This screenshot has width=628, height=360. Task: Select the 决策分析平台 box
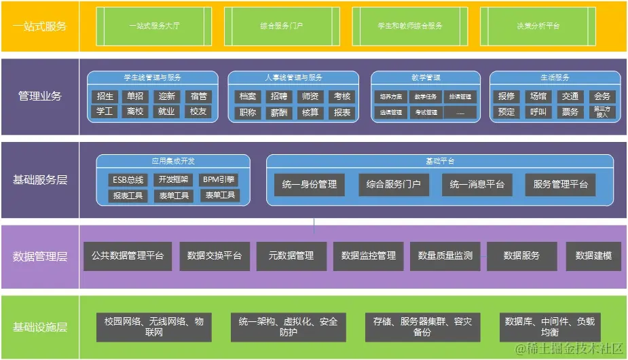coord(538,25)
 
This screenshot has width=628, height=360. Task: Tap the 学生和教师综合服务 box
coord(410,25)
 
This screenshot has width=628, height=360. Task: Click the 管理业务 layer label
coord(39,96)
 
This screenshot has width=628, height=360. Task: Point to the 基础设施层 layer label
coord(39,327)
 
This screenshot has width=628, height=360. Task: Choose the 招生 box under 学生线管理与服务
coord(105,96)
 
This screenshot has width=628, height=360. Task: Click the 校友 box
coord(198,111)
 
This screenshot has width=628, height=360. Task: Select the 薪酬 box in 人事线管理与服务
coord(278,112)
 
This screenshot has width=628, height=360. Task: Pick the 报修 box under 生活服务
coord(506,96)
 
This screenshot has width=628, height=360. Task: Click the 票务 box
coord(570,112)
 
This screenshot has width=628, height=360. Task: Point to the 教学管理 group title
coord(426,77)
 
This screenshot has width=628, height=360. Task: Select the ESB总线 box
coord(128,179)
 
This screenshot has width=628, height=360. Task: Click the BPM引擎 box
coord(219,179)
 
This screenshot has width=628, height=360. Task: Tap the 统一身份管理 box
coord(310,184)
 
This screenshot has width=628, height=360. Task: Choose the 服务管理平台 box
coord(560,184)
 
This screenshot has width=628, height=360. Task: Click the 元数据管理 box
coord(291,256)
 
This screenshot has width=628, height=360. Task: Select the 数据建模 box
coord(593,256)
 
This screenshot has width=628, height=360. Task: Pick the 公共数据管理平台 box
coord(128,256)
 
